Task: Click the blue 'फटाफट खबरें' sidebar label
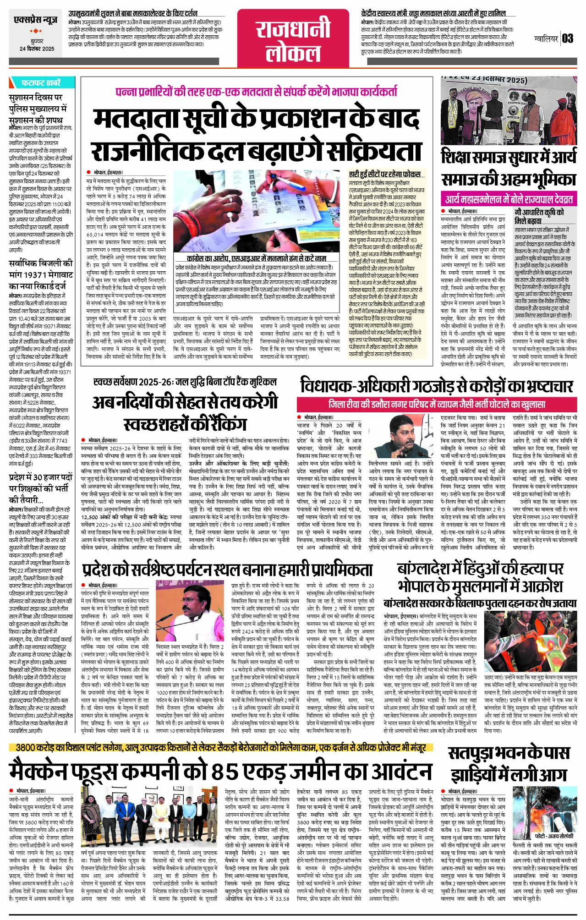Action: [x=41, y=83]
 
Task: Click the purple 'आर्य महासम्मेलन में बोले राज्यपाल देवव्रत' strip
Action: [x=509, y=200]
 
